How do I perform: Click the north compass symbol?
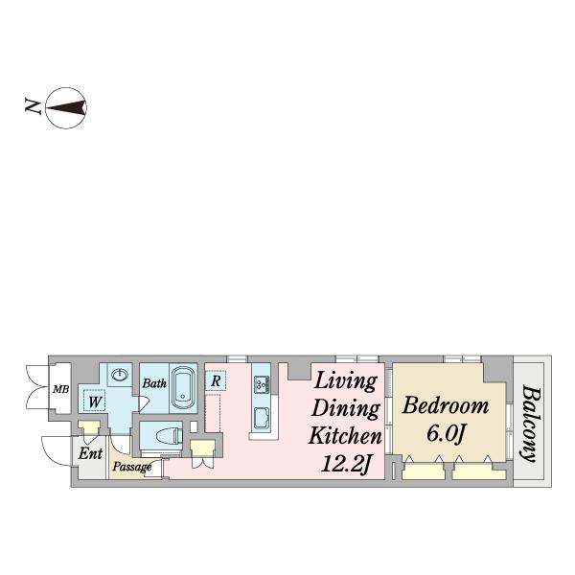pos(66,107)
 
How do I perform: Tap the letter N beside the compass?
pos(33,105)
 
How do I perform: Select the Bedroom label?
pos(446,406)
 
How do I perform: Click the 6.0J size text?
pos(446,434)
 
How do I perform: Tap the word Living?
pos(346,381)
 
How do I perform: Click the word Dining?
pos(345,409)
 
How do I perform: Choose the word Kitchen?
pos(345,436)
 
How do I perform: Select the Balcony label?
pos(531,423)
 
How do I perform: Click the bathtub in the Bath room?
pos(183,388)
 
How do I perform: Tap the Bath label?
pos(154,383)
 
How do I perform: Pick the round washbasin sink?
pos(120,375)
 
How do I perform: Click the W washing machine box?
pos(95,401)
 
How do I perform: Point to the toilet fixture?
pos(170,436)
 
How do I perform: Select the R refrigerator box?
pos(216,381)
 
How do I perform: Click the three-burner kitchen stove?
pos(262,384)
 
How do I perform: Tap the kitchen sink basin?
pos(262,418)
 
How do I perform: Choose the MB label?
pos(61,389)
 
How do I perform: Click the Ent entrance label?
pos(90,453)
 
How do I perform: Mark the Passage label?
pos(132,467)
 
